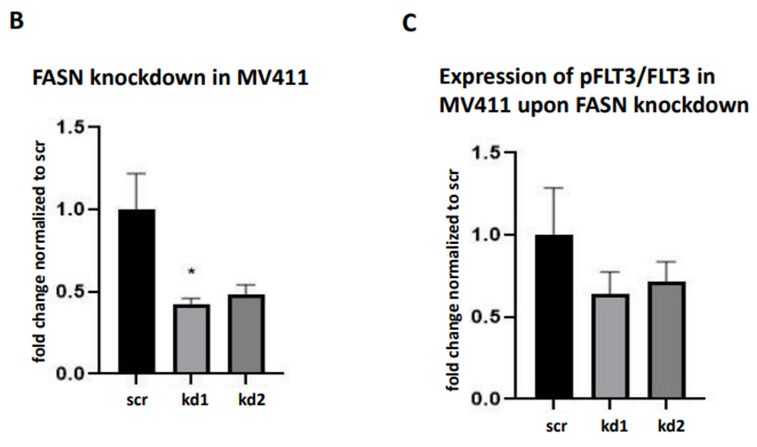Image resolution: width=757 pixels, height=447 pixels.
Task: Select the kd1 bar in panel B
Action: point(191,339)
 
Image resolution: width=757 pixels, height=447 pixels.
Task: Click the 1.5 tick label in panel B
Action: point(70,127)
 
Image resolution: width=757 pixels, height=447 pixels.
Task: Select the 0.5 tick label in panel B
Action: point(70,292)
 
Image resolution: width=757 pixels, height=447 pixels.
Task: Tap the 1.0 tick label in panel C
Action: point(485,235)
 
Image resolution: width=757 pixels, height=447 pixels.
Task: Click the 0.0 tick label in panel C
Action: point(485,398)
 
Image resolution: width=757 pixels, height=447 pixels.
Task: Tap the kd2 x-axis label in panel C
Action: point(671,426)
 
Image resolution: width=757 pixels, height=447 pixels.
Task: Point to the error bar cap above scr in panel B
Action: point(136,173)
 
